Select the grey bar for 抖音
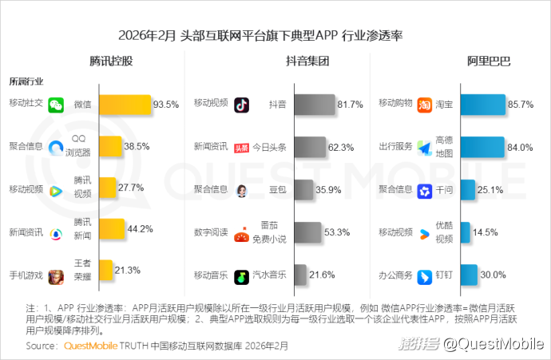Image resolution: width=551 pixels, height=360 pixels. [x=315, y=105]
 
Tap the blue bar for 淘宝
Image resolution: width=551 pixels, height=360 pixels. [x=482, y=105]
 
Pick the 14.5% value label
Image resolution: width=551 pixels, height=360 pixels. [x=486, y=232]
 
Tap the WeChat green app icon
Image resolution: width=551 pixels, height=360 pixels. [x=56, y=105]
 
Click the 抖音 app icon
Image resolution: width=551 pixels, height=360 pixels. [x=242, y=105]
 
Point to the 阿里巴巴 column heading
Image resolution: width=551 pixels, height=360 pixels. [x=488, y=61]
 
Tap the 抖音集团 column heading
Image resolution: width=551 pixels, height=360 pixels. [x=307, y=61]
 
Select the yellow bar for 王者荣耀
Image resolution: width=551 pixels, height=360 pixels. [x=105, y=269]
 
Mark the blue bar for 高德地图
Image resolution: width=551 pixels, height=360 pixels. [x=482, y=147]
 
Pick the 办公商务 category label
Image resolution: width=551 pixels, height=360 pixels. [x=395, y=275]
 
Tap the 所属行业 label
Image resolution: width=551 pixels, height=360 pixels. [x=26, y=81]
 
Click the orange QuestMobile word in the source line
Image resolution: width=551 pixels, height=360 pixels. [x=90, y=346]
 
